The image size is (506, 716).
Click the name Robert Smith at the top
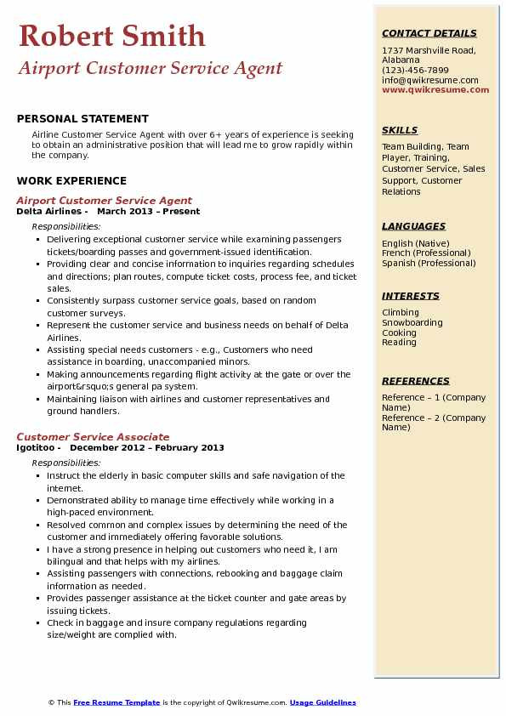[111, 36]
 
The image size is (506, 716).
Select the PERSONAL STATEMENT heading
[82, 119]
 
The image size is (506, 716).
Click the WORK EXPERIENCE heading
[71, 180]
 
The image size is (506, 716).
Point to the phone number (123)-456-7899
[415, 71]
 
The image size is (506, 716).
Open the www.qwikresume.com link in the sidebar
[435, 90]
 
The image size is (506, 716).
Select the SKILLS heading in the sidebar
[400, 131]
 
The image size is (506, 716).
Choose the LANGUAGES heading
[413, 226]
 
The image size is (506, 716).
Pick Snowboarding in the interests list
[412, 323]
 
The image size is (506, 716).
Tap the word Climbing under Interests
[401, 313]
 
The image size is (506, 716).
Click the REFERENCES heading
[416, 381]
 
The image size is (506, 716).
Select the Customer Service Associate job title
[93, 437]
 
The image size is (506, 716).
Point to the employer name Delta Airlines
[50, 212]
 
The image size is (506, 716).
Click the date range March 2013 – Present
[149, 212]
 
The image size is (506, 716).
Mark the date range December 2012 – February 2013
[147, 448]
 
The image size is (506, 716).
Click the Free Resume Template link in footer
[117, 702]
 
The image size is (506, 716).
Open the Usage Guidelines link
[322, 702]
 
